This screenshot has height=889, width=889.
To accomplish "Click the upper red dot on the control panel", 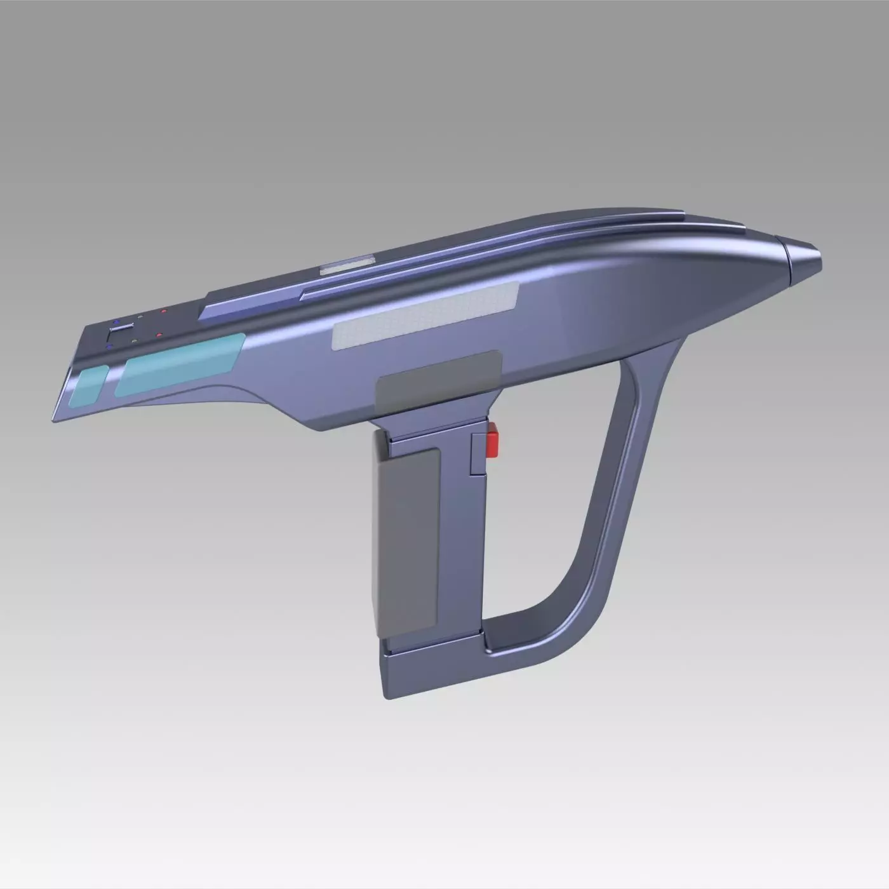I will click(164, 312).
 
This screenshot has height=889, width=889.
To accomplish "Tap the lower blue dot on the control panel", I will click(109, 347).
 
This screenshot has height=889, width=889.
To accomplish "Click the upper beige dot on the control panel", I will click(140, 316).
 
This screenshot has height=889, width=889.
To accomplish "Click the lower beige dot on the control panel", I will click(135, 340).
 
